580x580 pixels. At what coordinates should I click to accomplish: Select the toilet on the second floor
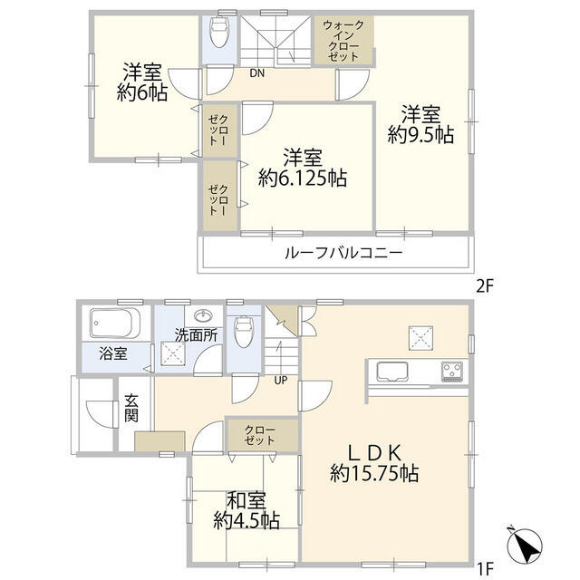217,35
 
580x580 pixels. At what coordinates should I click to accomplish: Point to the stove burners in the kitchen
453,371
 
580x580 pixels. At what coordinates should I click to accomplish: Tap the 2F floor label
484,285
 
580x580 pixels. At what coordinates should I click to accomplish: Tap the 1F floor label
484,568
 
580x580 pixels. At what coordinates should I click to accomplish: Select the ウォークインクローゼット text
344,39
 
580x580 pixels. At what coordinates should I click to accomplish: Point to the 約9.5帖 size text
420,134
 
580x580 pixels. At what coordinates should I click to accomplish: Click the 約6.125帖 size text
301,179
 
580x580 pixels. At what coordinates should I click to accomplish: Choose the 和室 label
246,499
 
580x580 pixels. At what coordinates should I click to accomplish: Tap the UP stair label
281,379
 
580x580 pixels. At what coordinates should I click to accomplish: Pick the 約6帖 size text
141,92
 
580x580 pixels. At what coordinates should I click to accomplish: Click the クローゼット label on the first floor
261,434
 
